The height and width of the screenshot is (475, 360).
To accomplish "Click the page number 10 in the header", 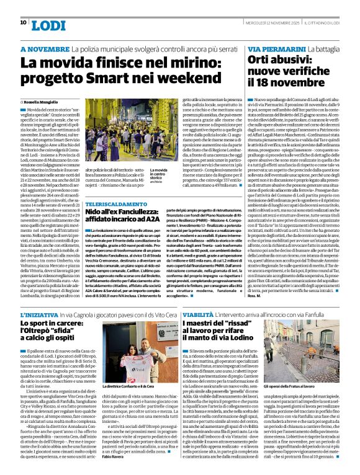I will pyautogui.click(x=23, y=22).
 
